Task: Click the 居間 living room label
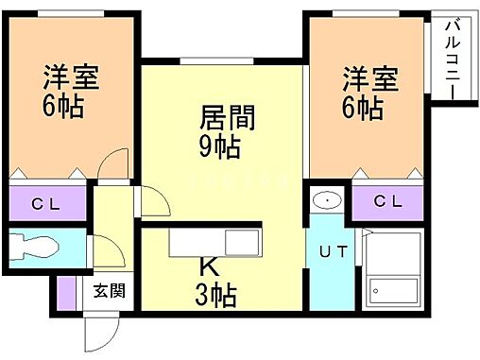[228, 121]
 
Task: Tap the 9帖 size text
[220, 146]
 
